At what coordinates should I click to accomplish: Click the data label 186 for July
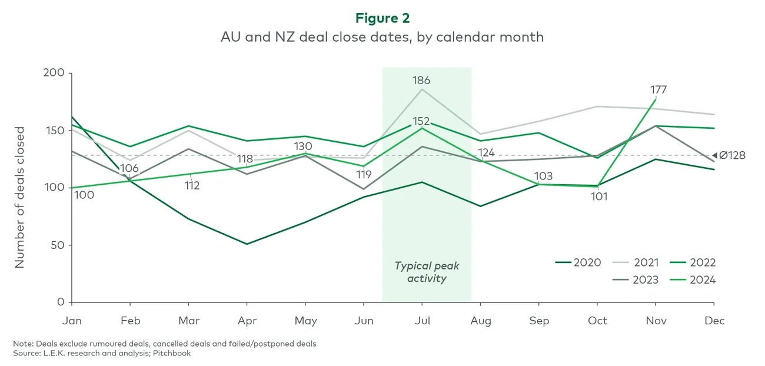click(421, 80)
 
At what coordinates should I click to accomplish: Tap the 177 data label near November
click(658, 90)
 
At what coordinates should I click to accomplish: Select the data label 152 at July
click(421, 121)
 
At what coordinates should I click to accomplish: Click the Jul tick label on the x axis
click(422, 321)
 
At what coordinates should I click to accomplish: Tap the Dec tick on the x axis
click(715, 321)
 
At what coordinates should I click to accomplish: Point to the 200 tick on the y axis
click(54, 74)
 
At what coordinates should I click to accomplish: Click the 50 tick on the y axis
click(56, 245)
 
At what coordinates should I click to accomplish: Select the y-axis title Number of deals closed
click(20, 197)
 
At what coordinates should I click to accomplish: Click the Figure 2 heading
click(382, 18)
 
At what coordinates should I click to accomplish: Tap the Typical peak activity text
click(427, 272)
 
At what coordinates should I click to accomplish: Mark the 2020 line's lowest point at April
click(247, 244)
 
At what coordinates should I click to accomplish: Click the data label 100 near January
click(84, 195)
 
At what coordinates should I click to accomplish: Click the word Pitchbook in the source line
click(171, 353)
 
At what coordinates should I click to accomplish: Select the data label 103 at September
click(544, 177)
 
